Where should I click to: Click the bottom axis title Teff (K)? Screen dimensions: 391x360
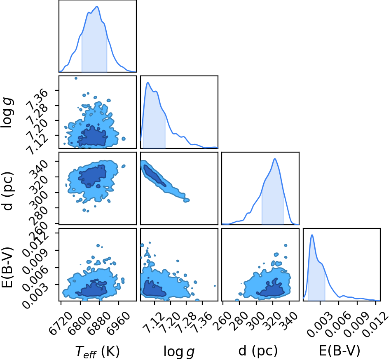point(98,351)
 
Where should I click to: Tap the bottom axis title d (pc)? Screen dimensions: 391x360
point(258,351)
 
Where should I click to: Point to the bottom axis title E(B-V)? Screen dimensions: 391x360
point(339,351)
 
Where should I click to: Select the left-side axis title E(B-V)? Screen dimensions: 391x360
point(7,267)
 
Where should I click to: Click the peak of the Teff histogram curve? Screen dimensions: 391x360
point(97,7)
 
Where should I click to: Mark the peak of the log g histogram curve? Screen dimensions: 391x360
point(148,82)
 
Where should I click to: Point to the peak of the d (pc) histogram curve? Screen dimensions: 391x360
point(275,159)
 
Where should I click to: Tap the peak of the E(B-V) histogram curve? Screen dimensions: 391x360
point(312,235)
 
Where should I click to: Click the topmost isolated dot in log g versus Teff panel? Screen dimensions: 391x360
point(76,78)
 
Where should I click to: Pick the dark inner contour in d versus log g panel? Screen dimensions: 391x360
point(154,176)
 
